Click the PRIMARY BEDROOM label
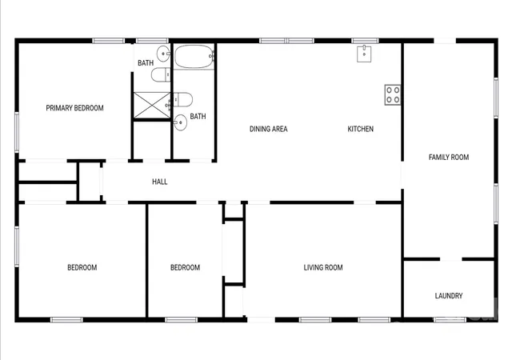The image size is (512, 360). pyautogui.click(x=74, y=108)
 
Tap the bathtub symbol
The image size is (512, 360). pyautogui.click(x=194, y=57)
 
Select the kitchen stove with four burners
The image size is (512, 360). pyautogui.click(x=393, y=94)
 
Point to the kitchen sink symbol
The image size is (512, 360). pyautogui.click(x=364, y=54)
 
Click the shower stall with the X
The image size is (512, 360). pyautogui.click(x=152, y=105)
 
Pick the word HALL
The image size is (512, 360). pyautogui.click(x=160, y=182)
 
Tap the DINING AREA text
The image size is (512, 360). pyautogui.click(x=269, y=129)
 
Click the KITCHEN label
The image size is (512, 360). pyautogui.click(x=361, y=129)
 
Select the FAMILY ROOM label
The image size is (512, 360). pyautogui.click(x=449, y=158)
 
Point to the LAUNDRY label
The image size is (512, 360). pyautogui.click(x=449, y=296)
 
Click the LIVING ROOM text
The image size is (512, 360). pyautogui.click(x=323, y=267)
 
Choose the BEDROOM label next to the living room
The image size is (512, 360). pyautogui.click(x=185, y=267)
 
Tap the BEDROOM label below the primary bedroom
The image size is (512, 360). pyautogui.click(x=82, y=267)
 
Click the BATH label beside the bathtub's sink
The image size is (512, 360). pyautogui.click(x=146, y=62)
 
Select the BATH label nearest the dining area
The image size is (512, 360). pyautogui.click(x=198, y=116)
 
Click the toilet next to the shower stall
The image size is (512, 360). pyautogui.click(x=182, y=99)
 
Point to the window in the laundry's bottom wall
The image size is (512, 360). pyautogui.click(x=450, y=320)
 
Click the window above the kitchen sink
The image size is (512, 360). pyautogui.click(x=365, y=41)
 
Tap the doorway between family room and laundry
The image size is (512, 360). pyautogui.click(x=451, y=259)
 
